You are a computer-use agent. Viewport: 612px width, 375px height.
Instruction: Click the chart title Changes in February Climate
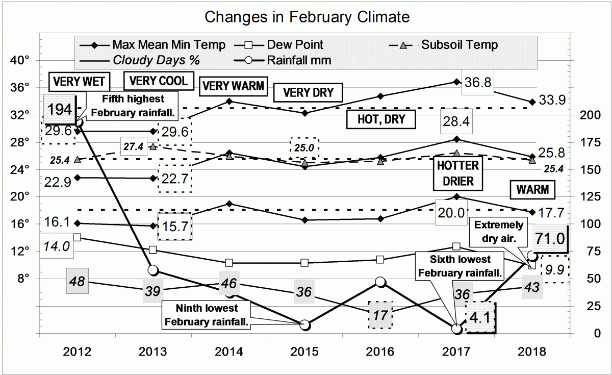307,18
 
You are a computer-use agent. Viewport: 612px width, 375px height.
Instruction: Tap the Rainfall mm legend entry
299,60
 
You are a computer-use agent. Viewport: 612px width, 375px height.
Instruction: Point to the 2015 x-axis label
305,352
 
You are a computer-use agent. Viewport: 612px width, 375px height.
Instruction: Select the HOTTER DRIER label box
457,173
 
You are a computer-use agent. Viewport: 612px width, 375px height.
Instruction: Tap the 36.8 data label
477,82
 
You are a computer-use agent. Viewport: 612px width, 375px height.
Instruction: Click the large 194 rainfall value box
60,109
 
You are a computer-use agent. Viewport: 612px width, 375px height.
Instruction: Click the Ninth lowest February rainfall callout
207,315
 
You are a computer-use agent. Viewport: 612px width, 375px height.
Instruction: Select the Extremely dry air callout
499,231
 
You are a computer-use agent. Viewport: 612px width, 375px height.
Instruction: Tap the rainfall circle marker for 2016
380,282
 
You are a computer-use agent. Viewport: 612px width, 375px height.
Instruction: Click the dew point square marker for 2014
229,263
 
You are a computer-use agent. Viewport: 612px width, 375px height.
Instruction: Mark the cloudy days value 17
380,314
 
